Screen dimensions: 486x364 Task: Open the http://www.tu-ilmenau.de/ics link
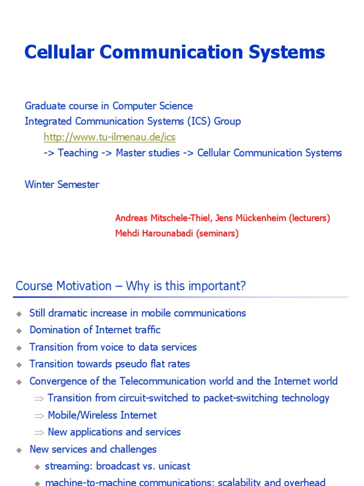tap(109, 137)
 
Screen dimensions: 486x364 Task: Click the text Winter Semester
tap(62, 185)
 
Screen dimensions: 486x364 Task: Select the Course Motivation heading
tap(131, 286)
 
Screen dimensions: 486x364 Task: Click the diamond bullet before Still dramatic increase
tap(19, 314)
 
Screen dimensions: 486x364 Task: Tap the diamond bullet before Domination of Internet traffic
tap(19, 331)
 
